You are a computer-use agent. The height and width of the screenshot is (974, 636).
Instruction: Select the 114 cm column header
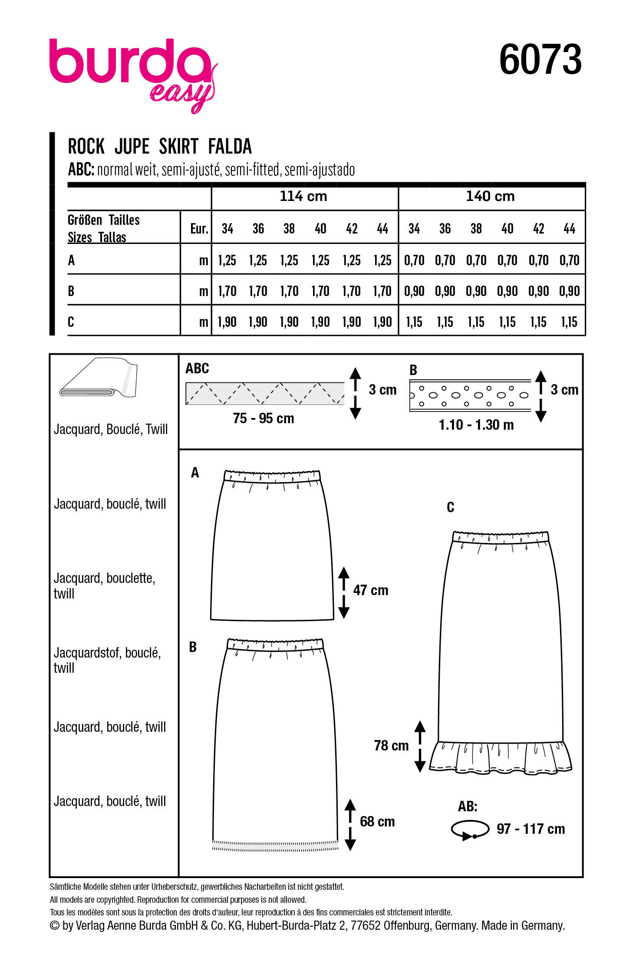[x=303, y=196]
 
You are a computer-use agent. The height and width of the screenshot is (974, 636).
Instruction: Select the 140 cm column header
[x=490, y=196]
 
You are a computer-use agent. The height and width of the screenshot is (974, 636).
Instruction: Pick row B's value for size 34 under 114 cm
[x=227, y=291]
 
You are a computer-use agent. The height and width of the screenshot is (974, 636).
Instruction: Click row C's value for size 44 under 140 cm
[x=569, y=322]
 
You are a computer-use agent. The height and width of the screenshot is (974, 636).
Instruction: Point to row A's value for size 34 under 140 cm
[x=414, y=260]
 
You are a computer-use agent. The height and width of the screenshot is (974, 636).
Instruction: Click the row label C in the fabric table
[x=71, y=322]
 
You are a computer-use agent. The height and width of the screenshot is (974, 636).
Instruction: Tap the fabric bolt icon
[x=99, y=378]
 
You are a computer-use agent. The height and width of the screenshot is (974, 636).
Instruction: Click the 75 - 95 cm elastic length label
[x=263, y=418]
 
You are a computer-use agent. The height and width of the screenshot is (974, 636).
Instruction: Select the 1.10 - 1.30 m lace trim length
[x=476, y=425]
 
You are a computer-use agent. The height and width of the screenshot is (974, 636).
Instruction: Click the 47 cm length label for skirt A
[x=370, y=590]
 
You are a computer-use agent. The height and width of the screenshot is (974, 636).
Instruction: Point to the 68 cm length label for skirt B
[x=377, y=822]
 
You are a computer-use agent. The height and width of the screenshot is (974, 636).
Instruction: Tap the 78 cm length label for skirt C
[x=391, y=746]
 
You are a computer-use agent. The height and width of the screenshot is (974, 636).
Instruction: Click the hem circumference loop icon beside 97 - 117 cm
[x=470, y=829]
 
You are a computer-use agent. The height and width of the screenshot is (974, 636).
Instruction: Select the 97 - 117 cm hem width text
[x=531, y=829]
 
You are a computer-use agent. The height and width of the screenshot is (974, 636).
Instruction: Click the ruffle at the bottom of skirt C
[x=501, y=757]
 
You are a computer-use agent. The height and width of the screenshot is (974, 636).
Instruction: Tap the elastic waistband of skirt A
[x=272, y=476]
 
